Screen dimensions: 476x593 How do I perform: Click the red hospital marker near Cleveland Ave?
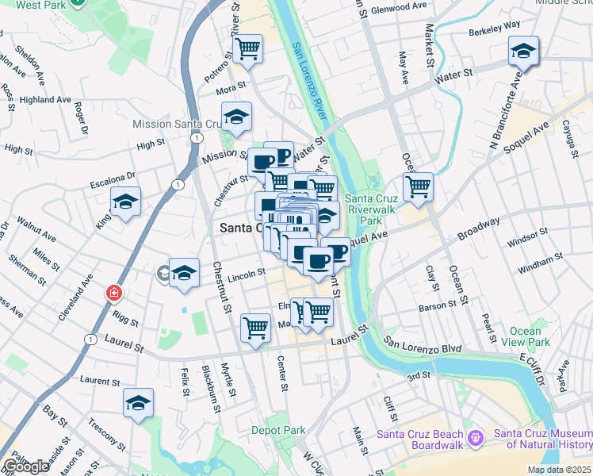pyautogui.click(x=114, y=294)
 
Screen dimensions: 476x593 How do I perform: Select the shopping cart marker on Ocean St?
pyautogui.click(x=418, y=187)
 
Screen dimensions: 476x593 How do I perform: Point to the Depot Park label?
pyautogui.click(x=278, y=430)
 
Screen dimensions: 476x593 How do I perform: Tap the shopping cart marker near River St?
pyautogui.click(x=248, y=48)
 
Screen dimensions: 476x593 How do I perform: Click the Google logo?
pyautogui.click(x=26, y=466)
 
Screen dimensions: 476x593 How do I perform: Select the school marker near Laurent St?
pyautogui.click(x=139, y=403)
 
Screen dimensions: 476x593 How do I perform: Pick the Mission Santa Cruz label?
pyautogui.click(x=179, y=124)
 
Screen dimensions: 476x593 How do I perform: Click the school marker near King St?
pyautogui.click(x=125, y=202)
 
